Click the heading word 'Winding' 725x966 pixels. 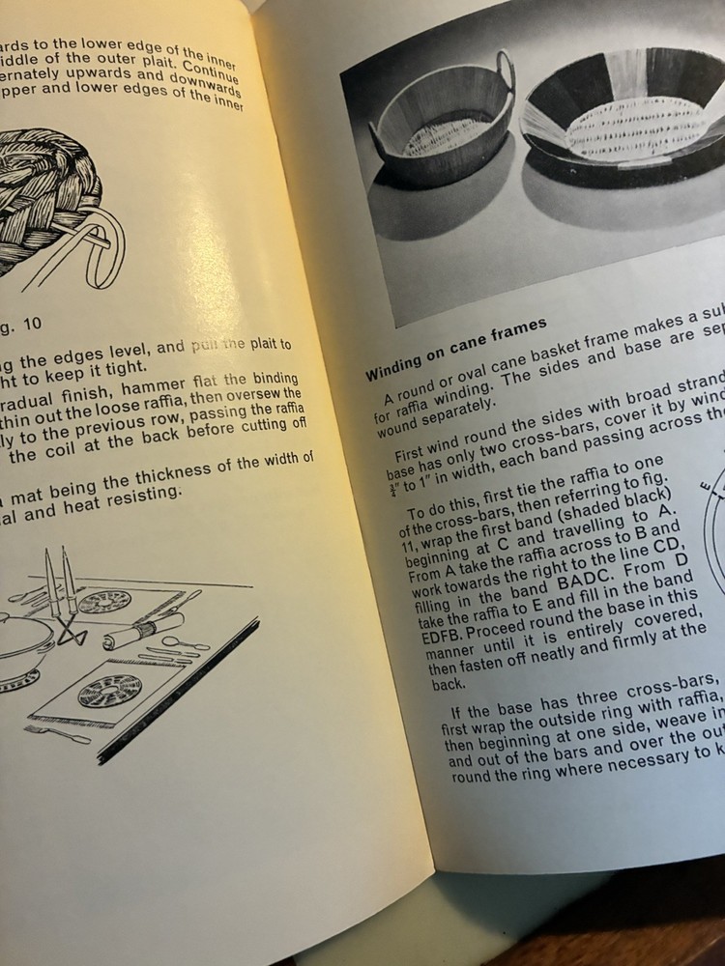pyautogui.click(x=397, y=364)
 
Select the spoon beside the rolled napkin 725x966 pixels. pyautogui.click(x=185, y=642)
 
